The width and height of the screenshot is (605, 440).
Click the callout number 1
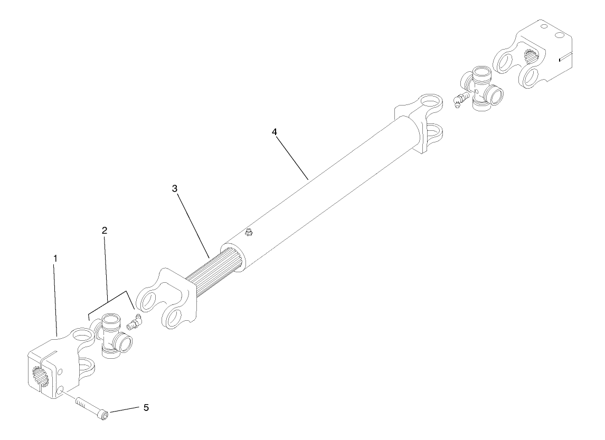click(x=55, y=259)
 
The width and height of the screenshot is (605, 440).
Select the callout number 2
click(x=105, y=231)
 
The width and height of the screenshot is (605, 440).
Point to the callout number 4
click(x=275, y=132)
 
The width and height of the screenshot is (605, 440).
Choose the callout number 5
click(x=146, y=407)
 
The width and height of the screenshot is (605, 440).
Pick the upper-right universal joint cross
click(x=481, y=88)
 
